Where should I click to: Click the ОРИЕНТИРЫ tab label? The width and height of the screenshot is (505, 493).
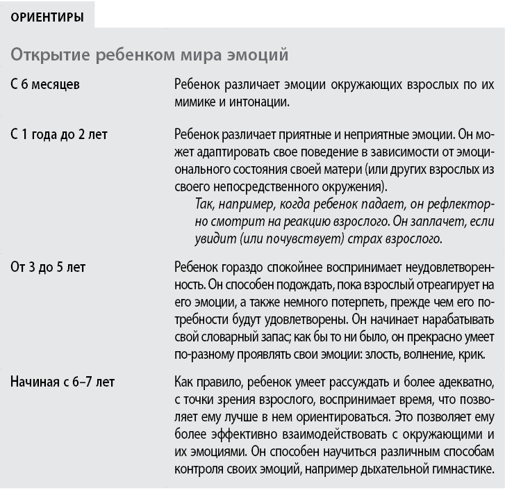(47, 17)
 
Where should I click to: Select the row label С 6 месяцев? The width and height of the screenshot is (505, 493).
(45, 85)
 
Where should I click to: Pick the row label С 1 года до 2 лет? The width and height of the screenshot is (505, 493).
(59, 135)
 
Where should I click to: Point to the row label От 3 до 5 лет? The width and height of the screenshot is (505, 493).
(48, 266)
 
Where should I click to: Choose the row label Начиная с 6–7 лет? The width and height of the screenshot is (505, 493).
(63, 382)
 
